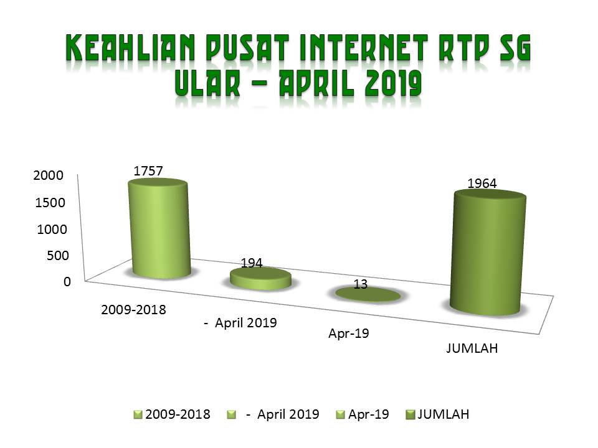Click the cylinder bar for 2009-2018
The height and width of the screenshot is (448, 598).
[x=159, y=228]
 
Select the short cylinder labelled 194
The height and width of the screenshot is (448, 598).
[x=261, y=279]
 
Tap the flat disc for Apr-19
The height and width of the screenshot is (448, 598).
[x=368, y=294]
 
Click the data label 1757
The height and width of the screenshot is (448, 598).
[x=148, y=171]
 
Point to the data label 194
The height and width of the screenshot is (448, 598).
[x=251, y=263]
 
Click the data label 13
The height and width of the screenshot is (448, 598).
[x=361, y=284]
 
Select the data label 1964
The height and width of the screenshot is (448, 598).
[x=482, y=184]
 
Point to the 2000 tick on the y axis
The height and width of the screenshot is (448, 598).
[x=48, y=175]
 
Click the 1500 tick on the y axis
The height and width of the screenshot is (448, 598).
[x=50, y=202]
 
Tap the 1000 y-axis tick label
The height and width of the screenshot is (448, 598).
[x=52, y=230]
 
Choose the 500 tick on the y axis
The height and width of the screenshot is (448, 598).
[x=57, y=255]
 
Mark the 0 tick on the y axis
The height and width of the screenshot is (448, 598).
[x=67, y=281]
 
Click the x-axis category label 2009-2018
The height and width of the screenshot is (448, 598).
[x=133, y=310]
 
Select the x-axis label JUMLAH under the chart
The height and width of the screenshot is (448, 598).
[x=472, y=348]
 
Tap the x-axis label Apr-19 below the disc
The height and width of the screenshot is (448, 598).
[x=349, y=334]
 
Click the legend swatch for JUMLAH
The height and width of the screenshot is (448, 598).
[x=411, y=414]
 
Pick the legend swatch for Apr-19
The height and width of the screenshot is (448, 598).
[x=341, y=414]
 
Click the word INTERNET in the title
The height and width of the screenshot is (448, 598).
[x=364, y=48]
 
